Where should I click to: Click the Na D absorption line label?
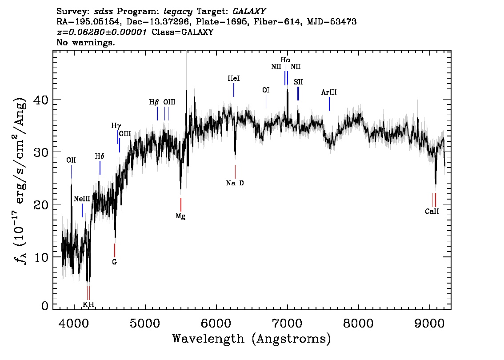click(x=235, y=183)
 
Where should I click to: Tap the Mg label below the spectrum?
click(x=180, y=216)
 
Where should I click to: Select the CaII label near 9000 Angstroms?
click(x=432, y=212)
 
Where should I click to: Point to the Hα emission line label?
click(x=285, y=60)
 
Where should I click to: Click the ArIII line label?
click(x=329, y=92)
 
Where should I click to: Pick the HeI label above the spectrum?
click(x=234, y=78)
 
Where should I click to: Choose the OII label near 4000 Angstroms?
click(x=71, y=160)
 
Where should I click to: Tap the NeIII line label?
click(x=82, y=199)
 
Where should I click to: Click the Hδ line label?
click(x=100, y=156)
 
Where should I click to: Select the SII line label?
click(x=298, y=82)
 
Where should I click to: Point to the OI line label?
click(x=266, y=90)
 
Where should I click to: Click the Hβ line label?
click(x=154, y=102)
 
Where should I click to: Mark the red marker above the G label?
click(x=114, y=250)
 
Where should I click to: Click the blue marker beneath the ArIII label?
click(x=329, y=104)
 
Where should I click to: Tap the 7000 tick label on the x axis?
click(x=287, y=324)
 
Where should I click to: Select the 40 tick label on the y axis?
click(x=41, y=100)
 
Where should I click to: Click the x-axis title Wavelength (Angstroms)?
click(x=252, y=339)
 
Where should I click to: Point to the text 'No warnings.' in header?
click(x=85, y=42)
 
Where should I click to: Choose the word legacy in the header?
click(x=178, y=12)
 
